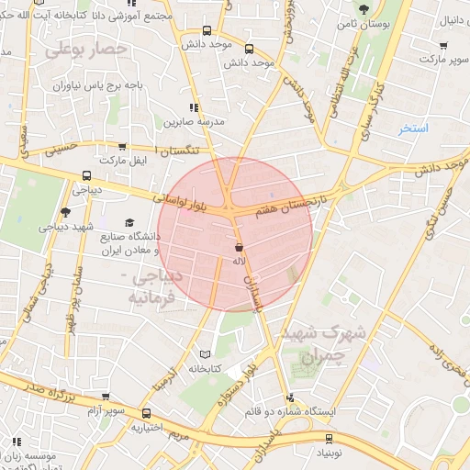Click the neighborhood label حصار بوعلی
tap(82, 51)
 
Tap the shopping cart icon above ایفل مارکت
tap(122, 147)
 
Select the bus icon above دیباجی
tap(87, 175)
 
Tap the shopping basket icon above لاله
tap(239, 248)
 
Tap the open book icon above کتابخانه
tap(205, 354)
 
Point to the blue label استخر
tap(412, 129)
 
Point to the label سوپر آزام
tap(133, 412)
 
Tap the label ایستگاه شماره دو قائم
tap(291, 411)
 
